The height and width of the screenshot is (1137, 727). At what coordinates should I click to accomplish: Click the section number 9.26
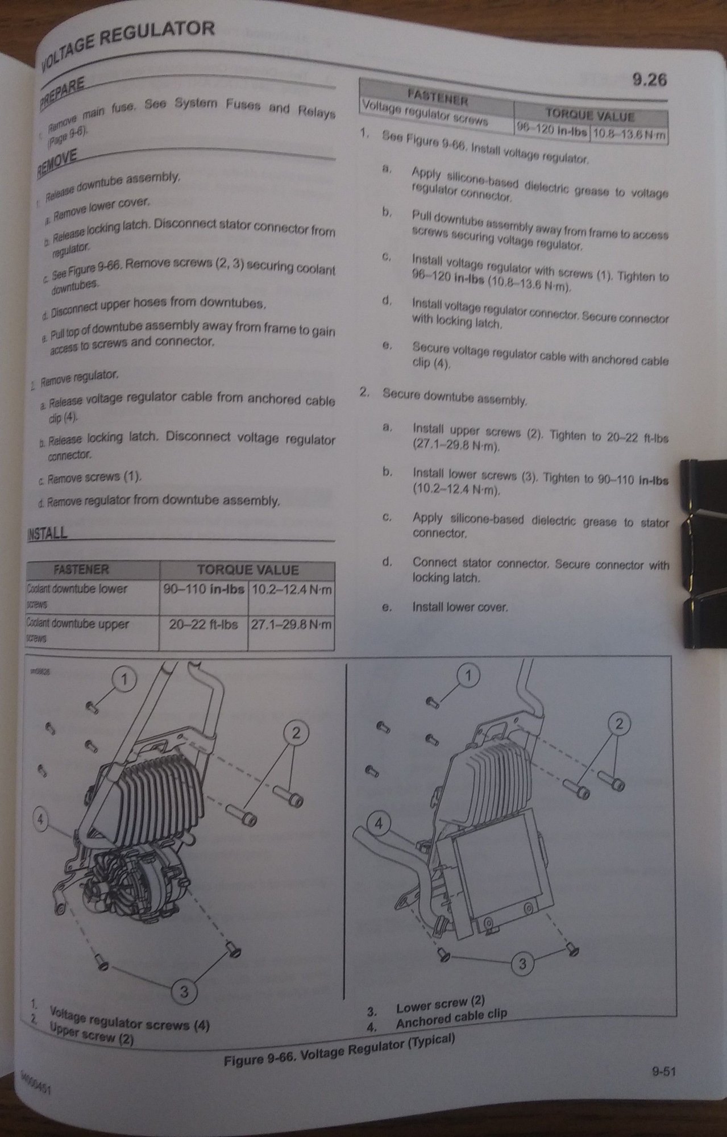pos(649,80)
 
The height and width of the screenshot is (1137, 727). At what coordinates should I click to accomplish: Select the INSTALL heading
pos(47,533)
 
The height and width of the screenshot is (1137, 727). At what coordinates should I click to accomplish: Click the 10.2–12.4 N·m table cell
pos(291,590)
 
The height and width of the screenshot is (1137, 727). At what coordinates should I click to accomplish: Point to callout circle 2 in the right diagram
pos(619,724)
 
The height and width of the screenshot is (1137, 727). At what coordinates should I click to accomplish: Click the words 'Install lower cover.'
pos(459,607)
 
